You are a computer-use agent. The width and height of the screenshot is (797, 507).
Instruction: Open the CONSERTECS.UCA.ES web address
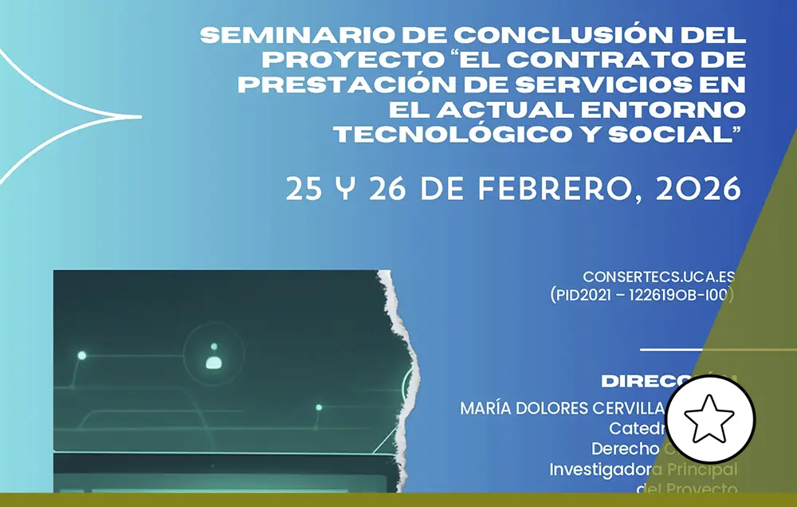(x=658, y=277)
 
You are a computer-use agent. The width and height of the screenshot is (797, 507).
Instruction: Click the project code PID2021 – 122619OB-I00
(x=642, y=295)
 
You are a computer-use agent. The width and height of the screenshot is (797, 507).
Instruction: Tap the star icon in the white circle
(x=710, y=418)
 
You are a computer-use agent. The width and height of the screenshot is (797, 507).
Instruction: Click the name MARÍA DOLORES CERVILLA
(x=561, y=408)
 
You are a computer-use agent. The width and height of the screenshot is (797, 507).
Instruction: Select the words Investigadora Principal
(x=644, y=470)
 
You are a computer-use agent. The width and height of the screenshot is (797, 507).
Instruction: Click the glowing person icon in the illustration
(x=214, y=360)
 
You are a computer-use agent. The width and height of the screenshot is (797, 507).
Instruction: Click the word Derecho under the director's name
(x=625, y=449)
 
